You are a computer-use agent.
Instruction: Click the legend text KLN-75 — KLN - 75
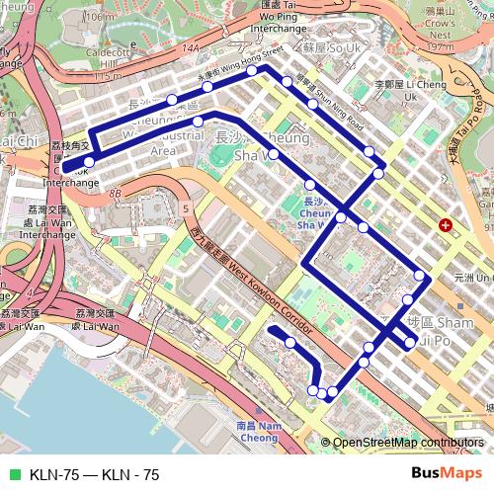point(94,474)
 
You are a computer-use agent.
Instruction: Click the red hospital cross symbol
point(446,225)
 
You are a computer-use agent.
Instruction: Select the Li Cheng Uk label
point(397,91)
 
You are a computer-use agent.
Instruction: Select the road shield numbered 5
point(186,208)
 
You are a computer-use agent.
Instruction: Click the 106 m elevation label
point(97,17)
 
